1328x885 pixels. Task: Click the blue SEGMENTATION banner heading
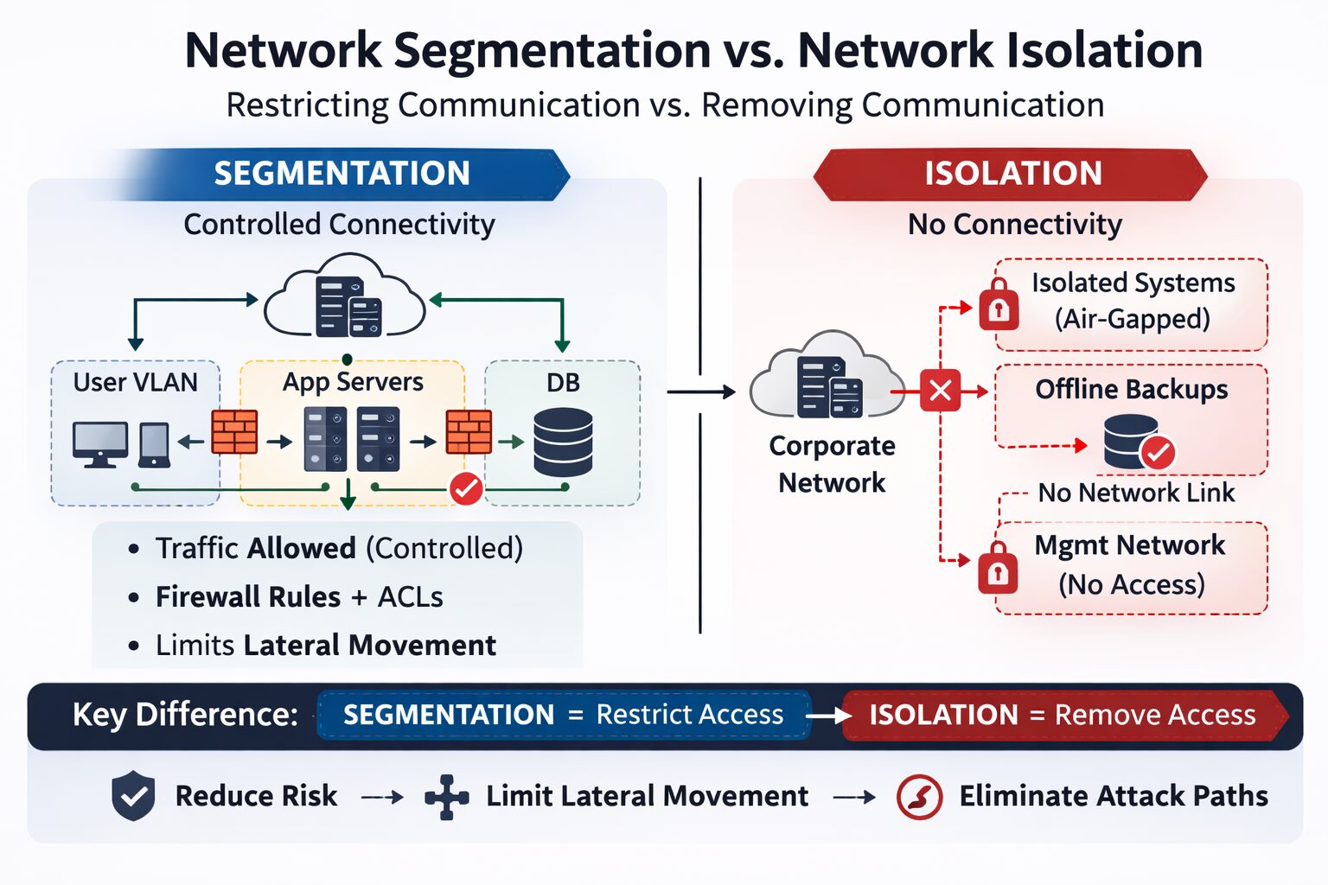342,174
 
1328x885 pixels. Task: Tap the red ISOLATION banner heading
1012,174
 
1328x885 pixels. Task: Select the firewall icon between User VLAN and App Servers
234,432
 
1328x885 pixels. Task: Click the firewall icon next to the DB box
469,432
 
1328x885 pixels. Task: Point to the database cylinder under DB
563,442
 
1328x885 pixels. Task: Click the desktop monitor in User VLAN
100,443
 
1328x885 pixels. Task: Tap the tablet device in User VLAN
155,444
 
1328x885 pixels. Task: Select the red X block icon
940,391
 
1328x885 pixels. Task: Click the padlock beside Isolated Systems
999,305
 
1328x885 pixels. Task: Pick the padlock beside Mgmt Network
998,569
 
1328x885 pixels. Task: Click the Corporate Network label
832,464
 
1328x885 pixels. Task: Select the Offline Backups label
1131,390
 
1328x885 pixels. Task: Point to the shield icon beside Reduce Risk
133,795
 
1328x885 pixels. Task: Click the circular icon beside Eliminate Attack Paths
919,796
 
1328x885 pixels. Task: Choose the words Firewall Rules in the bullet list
248,597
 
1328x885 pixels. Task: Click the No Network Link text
1136,493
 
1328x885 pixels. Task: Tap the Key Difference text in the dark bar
185,715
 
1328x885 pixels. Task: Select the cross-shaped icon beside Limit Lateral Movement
446,796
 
